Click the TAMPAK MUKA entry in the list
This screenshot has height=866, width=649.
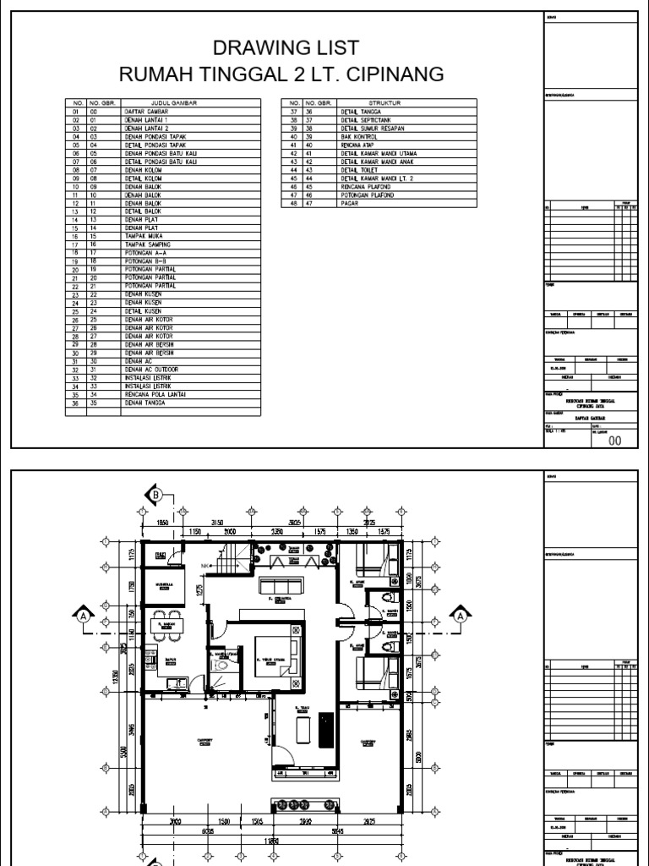[x=141, y=235]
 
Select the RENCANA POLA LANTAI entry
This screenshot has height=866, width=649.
[x=152, y=395]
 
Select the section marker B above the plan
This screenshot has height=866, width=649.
[x=155, y=494]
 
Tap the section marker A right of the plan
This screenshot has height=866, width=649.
[x=461, y=616]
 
